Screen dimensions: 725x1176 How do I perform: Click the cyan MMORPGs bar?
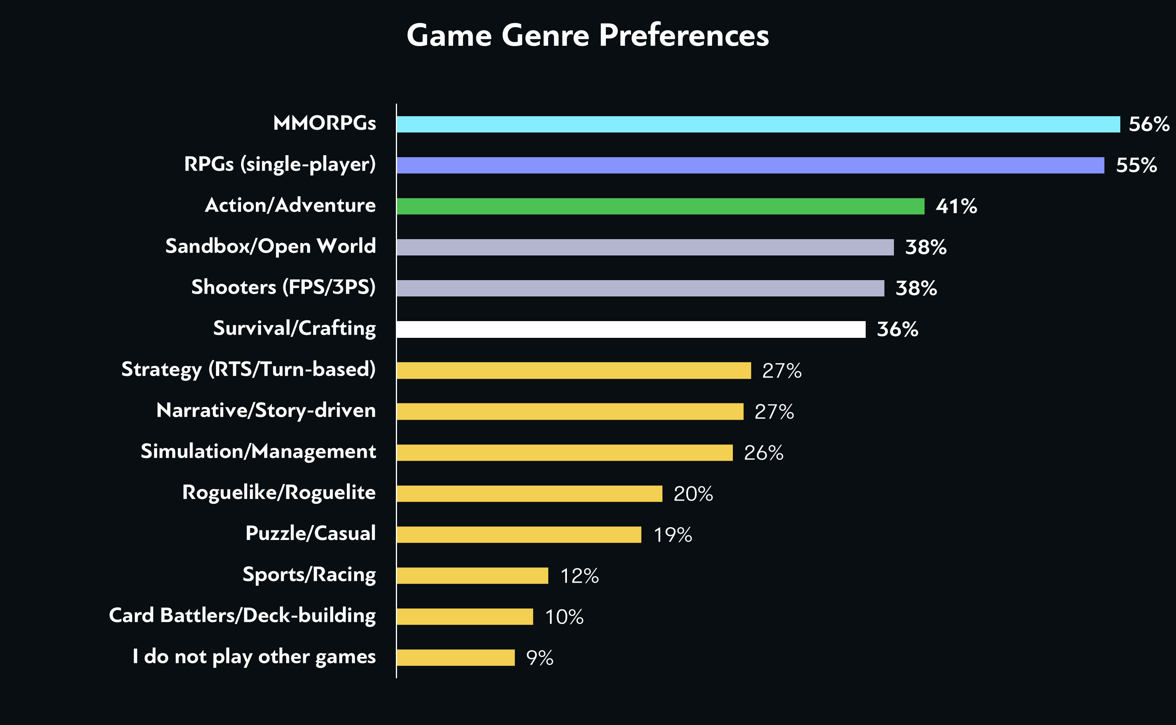click(x=757, y=124)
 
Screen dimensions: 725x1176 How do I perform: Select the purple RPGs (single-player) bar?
click(x=750, y=165)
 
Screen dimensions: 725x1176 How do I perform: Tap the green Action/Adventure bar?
click(x=660, y=206)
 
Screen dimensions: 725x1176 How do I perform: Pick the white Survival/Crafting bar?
click(x=631, y=329)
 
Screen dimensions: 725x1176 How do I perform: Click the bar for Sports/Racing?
click(x=472, y=575)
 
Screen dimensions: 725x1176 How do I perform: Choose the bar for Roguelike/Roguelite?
click(x=529, y=493)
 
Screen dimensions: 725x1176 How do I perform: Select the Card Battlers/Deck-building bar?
click(x=465, y=617)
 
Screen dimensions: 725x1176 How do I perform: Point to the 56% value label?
click(x=1149, y=124)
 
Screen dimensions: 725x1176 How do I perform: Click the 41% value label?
click(x=956, y=206)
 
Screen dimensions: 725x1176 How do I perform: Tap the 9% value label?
click(x=539, y=658)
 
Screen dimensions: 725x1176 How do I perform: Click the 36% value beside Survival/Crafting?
click(x=897, y=329)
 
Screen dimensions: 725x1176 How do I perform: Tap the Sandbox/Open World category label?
click(x=271, y=246)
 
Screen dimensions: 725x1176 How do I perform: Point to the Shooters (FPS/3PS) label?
click(x=283, y=287)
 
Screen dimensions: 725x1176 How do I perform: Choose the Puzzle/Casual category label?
click(x=310, y=533)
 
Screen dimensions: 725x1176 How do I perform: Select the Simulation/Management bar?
click(x=564, y=453)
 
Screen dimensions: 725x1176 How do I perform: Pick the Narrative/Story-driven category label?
click(x=266, y=411)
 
